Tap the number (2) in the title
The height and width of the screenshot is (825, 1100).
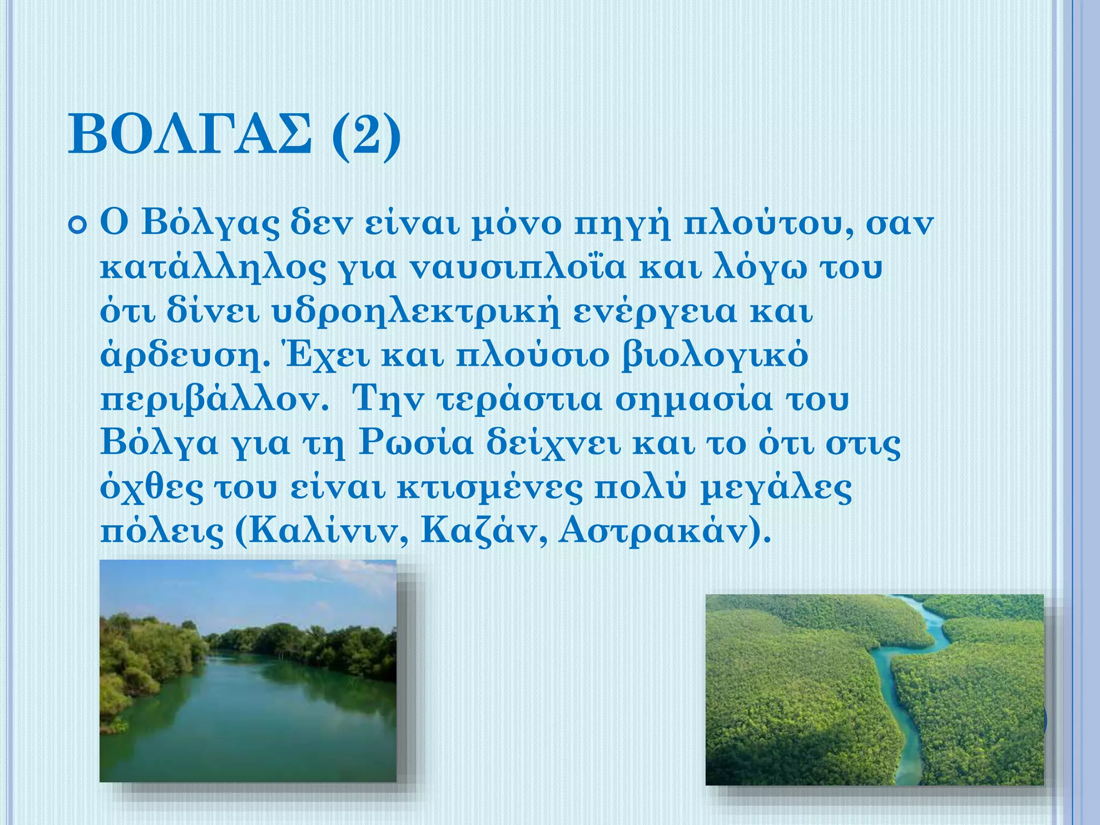pyautogui.click(x=366, y=134)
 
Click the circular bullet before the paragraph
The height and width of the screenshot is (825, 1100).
pyautogui.click(x=79, y=225)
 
